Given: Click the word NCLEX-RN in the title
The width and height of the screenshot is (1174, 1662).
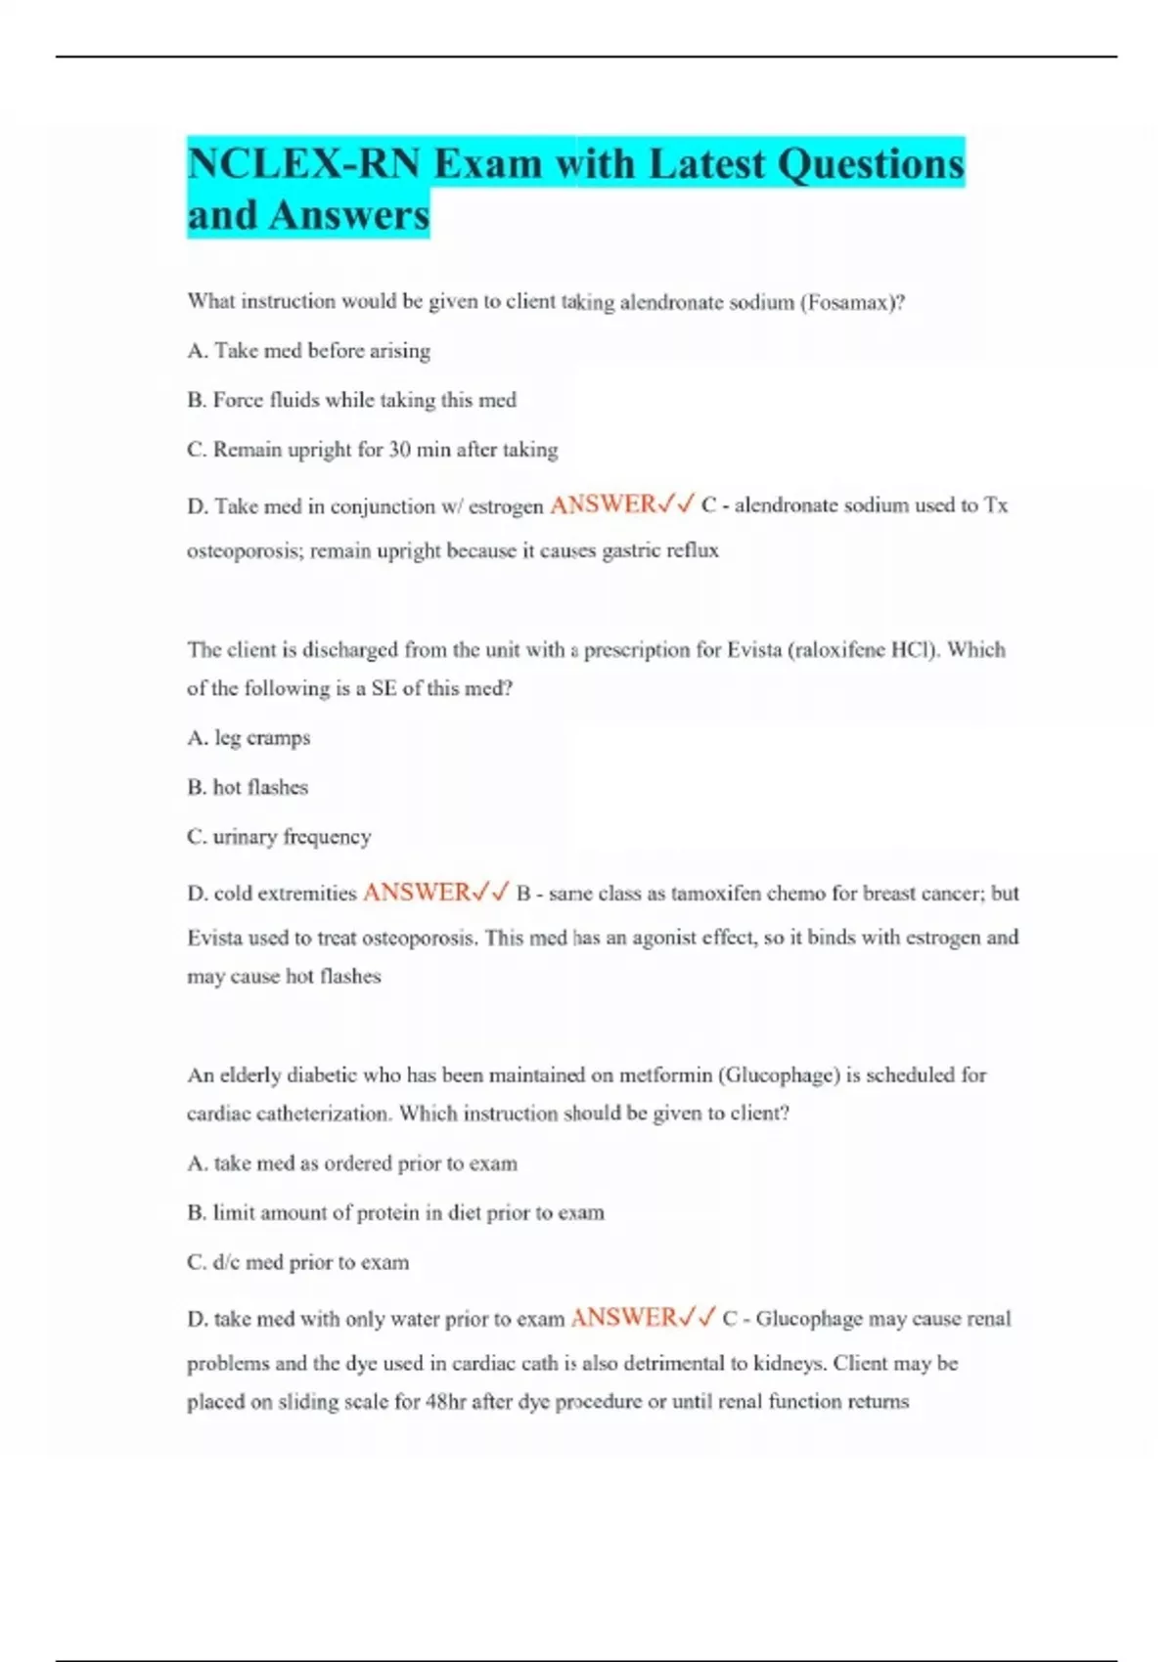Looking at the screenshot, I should (x=303, y=163).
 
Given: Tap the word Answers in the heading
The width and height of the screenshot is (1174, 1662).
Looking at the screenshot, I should (x=349, y=215).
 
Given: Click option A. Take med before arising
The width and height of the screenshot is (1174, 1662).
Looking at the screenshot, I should (x=308, y=350).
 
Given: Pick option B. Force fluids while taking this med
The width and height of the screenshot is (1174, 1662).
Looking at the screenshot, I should (x=351, y=400).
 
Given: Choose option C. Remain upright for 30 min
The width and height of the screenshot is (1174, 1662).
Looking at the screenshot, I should (x=372, y=450).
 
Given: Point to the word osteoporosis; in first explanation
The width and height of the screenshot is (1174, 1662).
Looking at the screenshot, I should (x=246, y=550).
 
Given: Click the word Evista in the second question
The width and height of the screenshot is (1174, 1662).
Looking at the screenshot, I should (x=753, y=650).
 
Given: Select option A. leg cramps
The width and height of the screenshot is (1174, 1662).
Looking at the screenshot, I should (x=248, y=738).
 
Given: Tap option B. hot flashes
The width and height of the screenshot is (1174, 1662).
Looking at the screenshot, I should (x=248, y=787).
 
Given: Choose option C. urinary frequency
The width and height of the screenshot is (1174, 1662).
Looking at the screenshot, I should (x=279, y=837).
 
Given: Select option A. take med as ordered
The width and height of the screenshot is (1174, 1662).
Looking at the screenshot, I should (x=352, y=1163).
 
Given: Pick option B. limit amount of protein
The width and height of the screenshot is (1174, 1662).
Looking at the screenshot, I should (x=395, y=1213).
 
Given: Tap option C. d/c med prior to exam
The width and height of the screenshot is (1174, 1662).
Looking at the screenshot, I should (x=297, y=1262).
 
